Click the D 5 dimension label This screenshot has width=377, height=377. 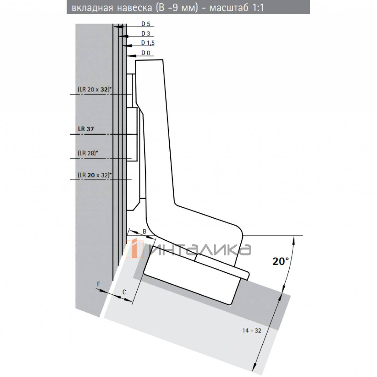tap(146, 24)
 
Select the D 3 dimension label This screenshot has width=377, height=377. tap(146, 34)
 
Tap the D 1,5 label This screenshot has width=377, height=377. tap(148, 43)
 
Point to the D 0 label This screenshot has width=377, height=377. tap(146, 53)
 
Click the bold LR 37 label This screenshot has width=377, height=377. tap(86, 129)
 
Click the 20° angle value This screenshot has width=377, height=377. tap(281, 261)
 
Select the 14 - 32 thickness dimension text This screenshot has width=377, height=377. tap(252, 331)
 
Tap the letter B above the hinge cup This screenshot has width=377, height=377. tap(145, 232)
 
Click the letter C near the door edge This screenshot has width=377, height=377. tap(124, 292)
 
